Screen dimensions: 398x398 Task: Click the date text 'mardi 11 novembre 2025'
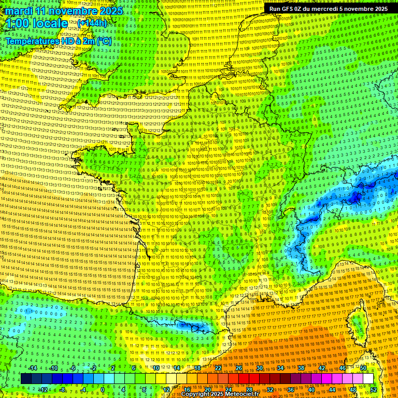coord(65,11)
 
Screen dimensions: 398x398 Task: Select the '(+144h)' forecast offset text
coord(92,23)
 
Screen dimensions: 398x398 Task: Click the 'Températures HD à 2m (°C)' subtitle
coord(58,41)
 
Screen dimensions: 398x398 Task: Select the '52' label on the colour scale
coord(374,389)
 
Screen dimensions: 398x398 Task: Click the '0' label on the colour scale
coord(102,389)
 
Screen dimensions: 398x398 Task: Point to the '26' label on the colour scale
coord(239,368)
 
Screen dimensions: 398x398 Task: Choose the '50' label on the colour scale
coord(363,368)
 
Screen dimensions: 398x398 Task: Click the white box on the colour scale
coord(368,378)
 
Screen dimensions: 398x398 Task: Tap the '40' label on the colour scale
coord(311,389)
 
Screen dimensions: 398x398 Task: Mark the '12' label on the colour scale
coord(166,389)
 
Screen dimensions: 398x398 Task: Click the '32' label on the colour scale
coord(270,389)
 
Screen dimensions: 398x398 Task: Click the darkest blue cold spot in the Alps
coord(356,197)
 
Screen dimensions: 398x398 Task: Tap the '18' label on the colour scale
coord(197,368)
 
